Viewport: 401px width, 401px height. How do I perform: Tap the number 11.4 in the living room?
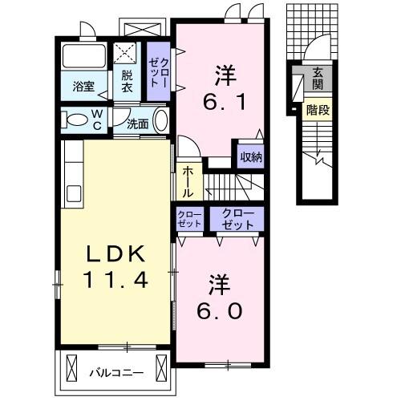click(x=115, y=281)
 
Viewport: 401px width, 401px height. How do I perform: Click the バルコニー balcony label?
click(x=115, y=371)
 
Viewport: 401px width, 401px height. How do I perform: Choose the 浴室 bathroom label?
click(x=83, y=86)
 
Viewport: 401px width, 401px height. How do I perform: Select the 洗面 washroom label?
click(x=138, y=123)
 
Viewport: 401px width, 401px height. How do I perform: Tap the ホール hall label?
click(x=187, y=182)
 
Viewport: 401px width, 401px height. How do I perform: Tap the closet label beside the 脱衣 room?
click(x=158, y=71)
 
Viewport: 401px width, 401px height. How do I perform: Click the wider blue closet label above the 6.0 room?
click(x=238, y=218)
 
